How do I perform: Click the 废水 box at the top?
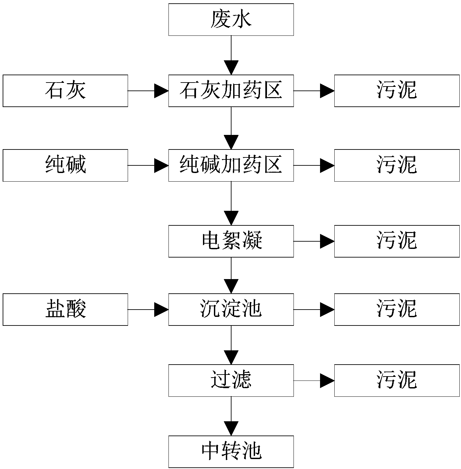231,20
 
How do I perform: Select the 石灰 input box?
65,91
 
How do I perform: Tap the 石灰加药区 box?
231,91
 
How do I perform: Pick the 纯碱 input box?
65,165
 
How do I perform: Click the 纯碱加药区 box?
231,165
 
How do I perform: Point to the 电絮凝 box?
231,241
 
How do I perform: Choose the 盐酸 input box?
65,310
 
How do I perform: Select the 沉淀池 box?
231,310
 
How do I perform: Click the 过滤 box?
231,381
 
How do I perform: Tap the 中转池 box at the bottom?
231,451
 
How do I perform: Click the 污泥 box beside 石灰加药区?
397,91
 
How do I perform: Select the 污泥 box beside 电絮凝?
397,241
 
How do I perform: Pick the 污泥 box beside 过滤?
397,381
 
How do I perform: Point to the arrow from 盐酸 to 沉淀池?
148,310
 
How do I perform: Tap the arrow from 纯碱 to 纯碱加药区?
148,165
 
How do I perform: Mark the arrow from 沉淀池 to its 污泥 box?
314,310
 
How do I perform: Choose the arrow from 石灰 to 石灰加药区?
148,91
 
